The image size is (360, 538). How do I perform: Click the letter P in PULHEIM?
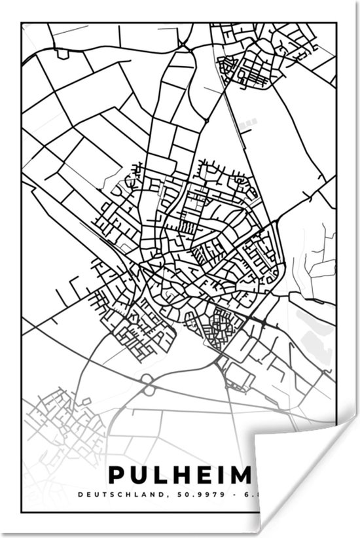(x=116, y=475)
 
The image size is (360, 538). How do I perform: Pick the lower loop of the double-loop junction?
(x=149, y=390)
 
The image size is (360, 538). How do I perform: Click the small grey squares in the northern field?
(x=247, y=122)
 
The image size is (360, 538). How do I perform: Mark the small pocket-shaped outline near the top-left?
(x=63, y=54)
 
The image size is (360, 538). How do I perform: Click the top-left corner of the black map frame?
(x=22, y=24)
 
